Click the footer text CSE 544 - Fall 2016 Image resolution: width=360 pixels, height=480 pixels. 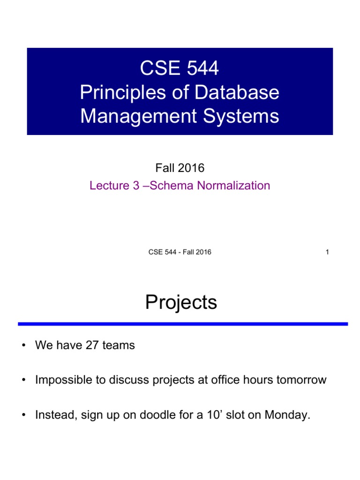click(180, 252)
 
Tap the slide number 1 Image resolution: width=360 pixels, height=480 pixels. click(327, 252)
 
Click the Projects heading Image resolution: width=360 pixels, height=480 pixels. click(181, 303)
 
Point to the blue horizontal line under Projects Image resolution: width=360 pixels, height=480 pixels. click(183, 324)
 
